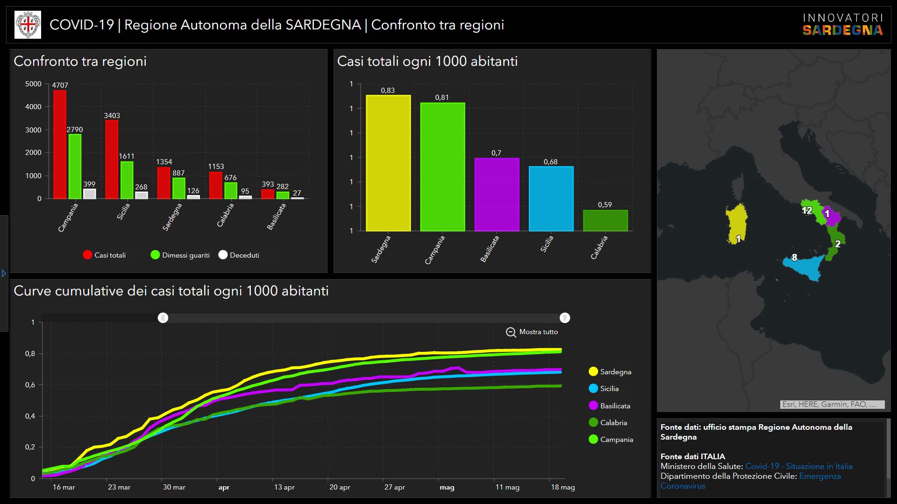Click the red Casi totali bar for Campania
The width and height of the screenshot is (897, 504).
(x=60, y=144)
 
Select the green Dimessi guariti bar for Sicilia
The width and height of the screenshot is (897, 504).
(x=127, y=180)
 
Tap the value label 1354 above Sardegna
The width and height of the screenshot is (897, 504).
(x=164, y=162)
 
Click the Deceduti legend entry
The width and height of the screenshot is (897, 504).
(x=239, y=255)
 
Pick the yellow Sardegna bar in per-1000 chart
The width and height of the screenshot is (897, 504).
(x=388, y=163)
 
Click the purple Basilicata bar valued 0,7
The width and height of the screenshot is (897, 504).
(x=497, y=194)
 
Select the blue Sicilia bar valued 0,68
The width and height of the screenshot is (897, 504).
(x=551, y=198)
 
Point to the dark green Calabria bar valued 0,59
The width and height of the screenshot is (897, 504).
(x=605, y=220)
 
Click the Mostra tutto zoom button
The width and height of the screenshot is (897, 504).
(x=532, y=332)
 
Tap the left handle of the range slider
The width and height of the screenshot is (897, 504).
(x=163, y=318)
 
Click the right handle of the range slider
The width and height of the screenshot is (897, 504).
(x=565, y=318)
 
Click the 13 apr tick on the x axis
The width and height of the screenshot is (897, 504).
(x=284, y=487)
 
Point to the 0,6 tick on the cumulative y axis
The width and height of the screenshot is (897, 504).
(x=30, y=385)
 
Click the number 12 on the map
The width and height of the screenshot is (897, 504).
(x=807, y=210)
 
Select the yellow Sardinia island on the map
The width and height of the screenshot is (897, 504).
(x=736, y=223)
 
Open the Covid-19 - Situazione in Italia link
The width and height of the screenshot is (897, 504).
(x=799, y=466)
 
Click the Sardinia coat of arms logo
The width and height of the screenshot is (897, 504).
(x=28, y=25)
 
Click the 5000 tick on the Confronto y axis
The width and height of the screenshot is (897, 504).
(x=33, y=84)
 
